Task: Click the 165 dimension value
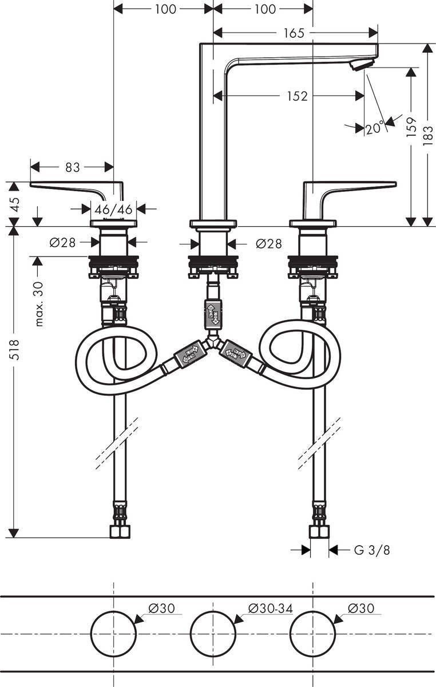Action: pyautogui.click(x=294, y=33)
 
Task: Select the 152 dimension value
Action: pyautogui.click(x=298, y=96)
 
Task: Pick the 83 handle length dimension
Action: pyautogui.click(x=72, y=167)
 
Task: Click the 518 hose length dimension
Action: pyautogui.click(x=15, y=349)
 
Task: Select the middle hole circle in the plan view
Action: pyautogui.click(x=213, y=634)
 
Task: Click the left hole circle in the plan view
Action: pyautogui.click(x=113, y=634)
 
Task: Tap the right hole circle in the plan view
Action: pyautogui.click(x=312, y=634)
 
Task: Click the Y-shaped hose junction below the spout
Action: pyautogui.click(x=213, y=341)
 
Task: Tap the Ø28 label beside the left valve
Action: pyautogui.click(x=63, y=243)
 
